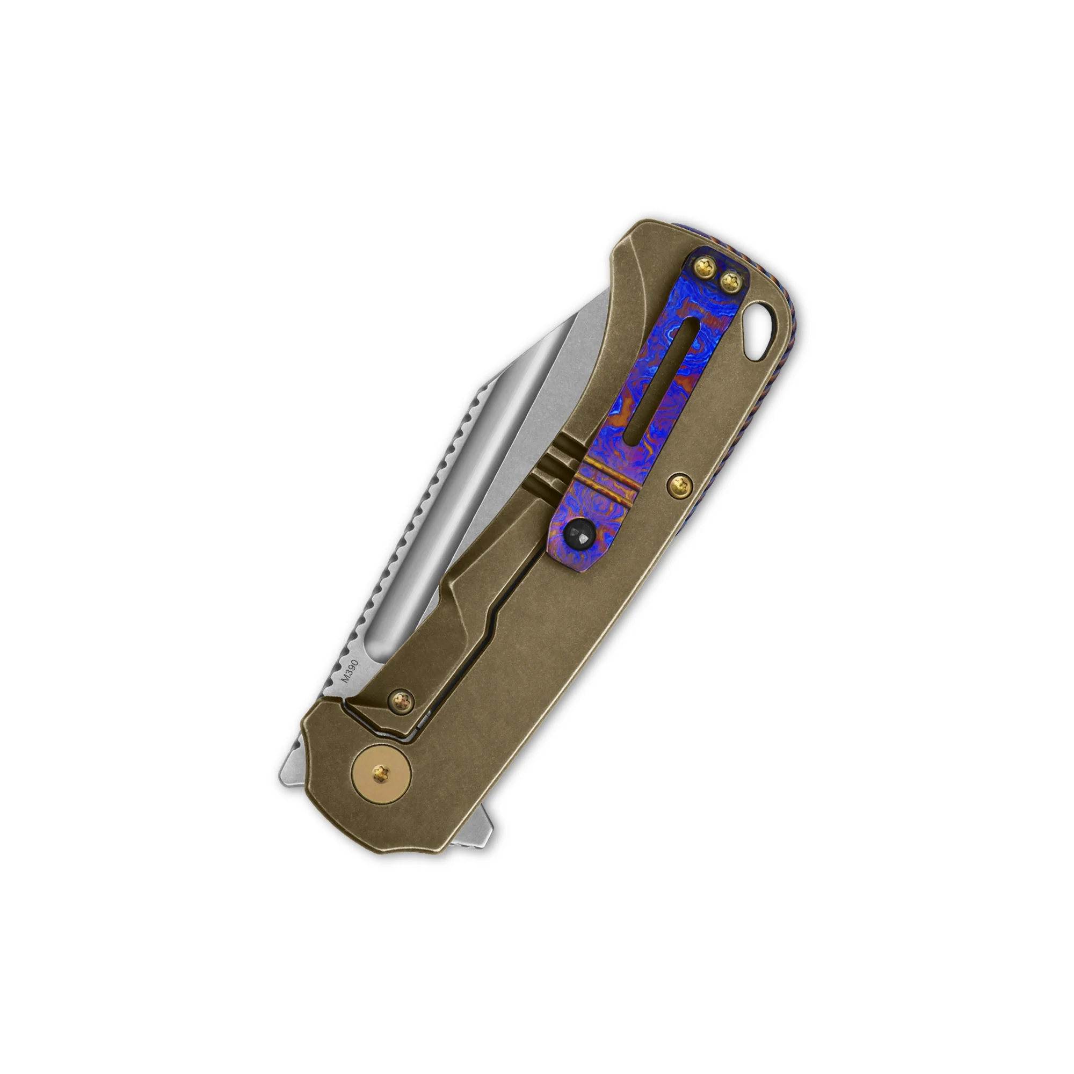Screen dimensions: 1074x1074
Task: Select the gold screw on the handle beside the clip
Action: (x=679, y=487)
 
